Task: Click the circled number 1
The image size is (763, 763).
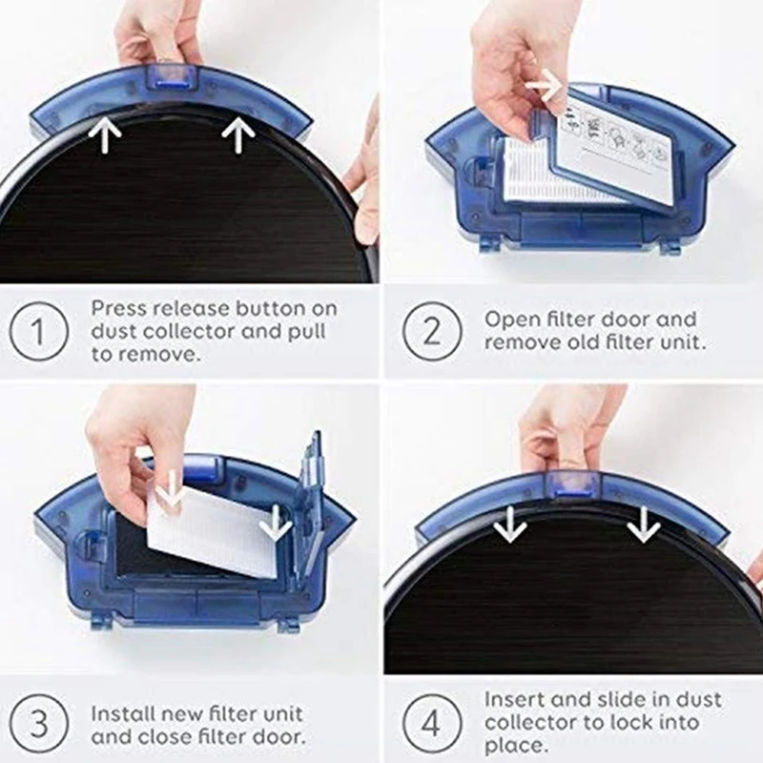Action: point(39,331)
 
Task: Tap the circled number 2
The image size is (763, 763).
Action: point(432,331)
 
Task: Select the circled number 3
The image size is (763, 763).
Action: point(39,724)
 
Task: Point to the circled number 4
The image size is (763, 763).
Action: point(432,724)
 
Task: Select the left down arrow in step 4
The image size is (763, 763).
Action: point(509,524)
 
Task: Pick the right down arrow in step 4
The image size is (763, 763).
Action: point(643,524)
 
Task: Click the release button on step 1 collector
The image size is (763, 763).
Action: point(173,78)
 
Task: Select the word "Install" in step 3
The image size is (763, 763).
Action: point(123,713)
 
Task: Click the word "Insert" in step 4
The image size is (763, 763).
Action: point(514,699)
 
